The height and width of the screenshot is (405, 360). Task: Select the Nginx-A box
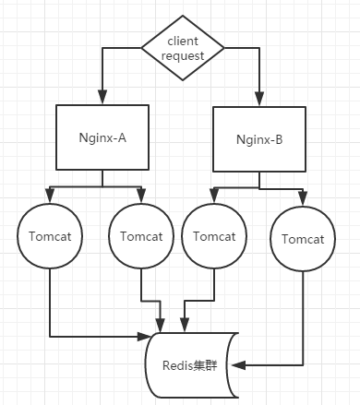[x=101, y=137]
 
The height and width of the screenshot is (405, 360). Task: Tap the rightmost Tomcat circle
[x=302, y=240]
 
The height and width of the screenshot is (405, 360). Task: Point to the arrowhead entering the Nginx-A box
[x=101, y=98]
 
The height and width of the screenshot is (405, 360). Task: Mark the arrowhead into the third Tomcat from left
[x=214, y=197]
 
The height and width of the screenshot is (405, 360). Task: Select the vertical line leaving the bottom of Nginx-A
[x=101, y=179]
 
